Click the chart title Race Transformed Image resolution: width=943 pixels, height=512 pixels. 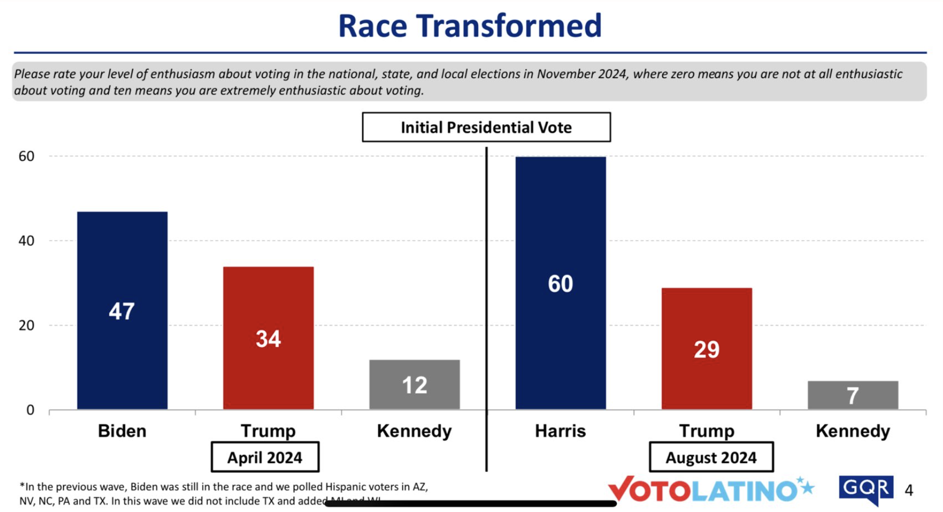coord(470,26)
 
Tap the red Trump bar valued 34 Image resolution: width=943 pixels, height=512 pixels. coord(268,338)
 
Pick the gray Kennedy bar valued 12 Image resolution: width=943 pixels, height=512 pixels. coord(415,385)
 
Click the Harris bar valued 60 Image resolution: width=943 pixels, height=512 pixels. coord(561,283)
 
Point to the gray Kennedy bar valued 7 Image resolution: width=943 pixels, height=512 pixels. coord(853,395)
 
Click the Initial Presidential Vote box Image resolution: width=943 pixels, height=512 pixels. coord(486,127)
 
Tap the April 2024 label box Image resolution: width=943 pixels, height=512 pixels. coord(265,457)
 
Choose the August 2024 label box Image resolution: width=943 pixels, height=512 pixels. coord(711,457)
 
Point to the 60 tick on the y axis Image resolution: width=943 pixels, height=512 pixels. coord(26,156)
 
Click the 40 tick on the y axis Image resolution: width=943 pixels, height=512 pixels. coord(26,240)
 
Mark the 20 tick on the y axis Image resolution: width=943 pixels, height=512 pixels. coord(26,325)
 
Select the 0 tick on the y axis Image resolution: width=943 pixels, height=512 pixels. coord(30,410)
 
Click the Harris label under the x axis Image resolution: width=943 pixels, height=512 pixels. coord(561,431)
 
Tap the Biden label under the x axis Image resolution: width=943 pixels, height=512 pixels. coord(122,431)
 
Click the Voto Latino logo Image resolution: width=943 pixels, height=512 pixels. coord(710,490)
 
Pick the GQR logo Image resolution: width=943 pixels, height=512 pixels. coord(866,489)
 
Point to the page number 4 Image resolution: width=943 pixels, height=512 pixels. coord(909,490)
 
